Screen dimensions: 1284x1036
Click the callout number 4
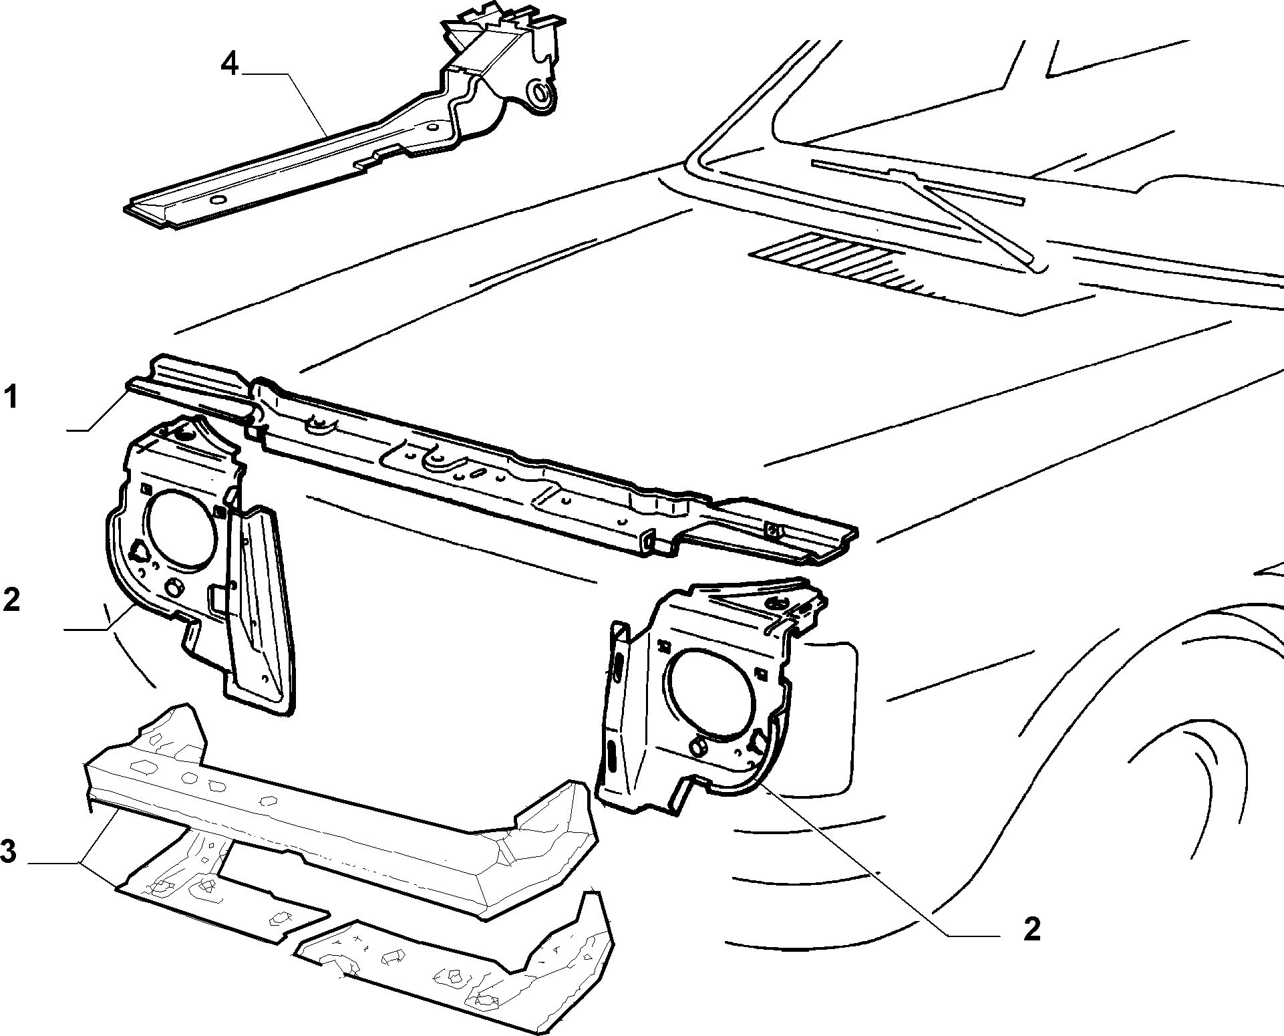click(229, 64)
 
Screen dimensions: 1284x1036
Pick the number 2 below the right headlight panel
click(1032, 928)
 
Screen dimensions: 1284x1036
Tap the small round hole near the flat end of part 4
click(217, 201)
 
